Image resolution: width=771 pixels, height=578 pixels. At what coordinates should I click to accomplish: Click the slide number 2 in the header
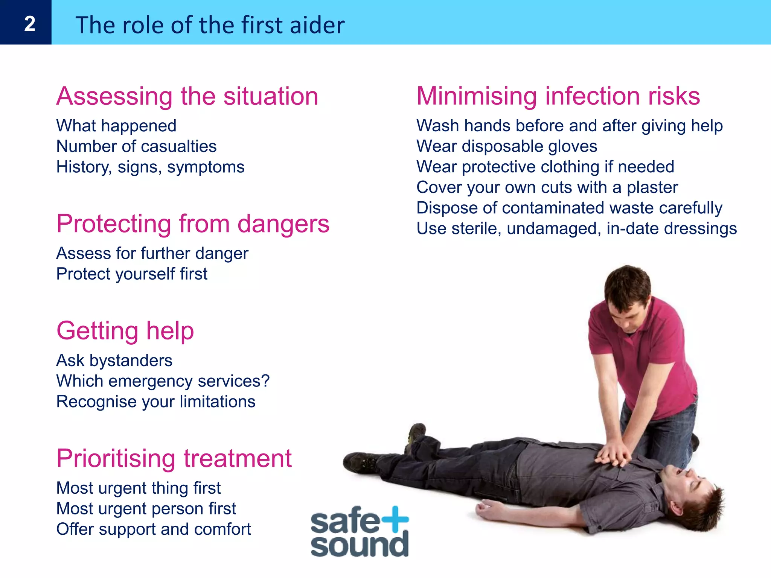pos(29,24)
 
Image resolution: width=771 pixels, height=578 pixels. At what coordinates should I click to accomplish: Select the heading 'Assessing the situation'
pos(187,96)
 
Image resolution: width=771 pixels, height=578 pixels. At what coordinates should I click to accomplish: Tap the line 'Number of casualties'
pos(136,146)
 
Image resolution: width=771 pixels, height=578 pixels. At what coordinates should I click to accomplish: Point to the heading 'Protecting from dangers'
pos(193,224)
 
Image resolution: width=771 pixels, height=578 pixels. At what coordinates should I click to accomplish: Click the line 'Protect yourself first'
pos(132,274)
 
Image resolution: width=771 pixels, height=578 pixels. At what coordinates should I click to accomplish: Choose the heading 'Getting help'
pos(125,331)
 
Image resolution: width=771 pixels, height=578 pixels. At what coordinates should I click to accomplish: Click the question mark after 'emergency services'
pos(266,381)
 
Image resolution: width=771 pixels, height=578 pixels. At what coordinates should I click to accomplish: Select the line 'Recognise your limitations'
pos(156,402)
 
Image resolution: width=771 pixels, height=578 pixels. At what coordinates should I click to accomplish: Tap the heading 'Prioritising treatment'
pos(174,458)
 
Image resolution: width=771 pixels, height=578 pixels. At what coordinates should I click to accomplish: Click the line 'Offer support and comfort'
pos(154,529)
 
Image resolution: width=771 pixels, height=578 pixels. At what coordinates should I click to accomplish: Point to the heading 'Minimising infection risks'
pos(558,96)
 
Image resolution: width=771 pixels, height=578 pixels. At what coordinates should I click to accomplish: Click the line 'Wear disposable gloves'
pos(507,146)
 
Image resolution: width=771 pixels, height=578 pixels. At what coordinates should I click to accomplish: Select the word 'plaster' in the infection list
pos(652,187)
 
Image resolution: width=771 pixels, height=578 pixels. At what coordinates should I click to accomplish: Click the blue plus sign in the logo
pos(395,519)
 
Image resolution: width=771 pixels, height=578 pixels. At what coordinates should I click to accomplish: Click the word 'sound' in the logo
pos(360,545)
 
